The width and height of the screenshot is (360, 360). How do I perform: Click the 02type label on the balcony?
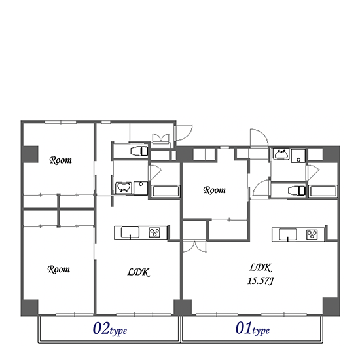tap(110, 329)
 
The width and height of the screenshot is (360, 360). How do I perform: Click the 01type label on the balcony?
tap(253, 329)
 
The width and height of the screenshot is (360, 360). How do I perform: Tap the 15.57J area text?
tap(261, 281)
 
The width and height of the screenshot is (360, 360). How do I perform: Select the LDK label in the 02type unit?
tap(139, 272)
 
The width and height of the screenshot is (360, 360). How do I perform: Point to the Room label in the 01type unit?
tap(215, 190)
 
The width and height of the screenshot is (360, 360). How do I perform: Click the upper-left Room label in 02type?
tap(61, 160)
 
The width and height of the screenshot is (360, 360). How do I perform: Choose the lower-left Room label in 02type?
tap(58, 269)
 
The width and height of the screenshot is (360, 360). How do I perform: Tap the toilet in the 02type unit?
tap(139, 151)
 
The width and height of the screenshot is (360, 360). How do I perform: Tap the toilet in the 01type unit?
tap(297, 190)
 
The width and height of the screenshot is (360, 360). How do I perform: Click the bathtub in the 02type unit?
tap(166, 191)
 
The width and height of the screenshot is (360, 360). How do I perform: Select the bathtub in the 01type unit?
tap(323, 191)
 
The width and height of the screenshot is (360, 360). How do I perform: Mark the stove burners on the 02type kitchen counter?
tap(154, 232)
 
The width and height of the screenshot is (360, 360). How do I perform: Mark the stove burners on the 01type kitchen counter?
tap(312, 234)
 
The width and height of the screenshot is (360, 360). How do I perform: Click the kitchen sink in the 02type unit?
tap(130, 232)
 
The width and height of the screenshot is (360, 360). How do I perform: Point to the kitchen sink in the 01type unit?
tap(288, 234)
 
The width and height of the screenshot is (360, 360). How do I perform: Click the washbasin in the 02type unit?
tap(124, 188)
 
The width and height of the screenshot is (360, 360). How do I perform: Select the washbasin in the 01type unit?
tap(281, 154)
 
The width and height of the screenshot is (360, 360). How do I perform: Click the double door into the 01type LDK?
tap(194, 247)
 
